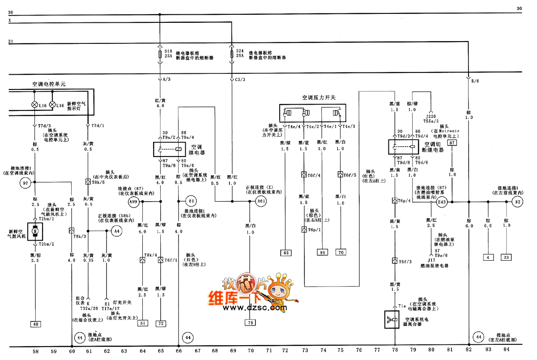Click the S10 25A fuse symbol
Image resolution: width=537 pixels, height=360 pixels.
(x=160, y=55)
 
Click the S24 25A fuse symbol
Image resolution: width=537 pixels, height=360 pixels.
(x=232, y=55)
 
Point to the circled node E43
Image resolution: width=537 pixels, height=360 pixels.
(x=442, y=202)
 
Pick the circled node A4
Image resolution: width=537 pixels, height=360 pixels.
(x=116, y=231)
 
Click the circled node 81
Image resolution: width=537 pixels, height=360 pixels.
(x=191, y=201)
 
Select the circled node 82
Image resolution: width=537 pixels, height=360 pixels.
(x=517, y=202)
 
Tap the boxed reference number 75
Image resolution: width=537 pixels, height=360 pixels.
(x=250, y=322)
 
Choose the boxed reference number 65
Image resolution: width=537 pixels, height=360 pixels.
(x=286, y=253)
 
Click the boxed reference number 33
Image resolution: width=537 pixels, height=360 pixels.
(x=506, y=257)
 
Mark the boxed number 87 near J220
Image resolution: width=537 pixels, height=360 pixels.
(x=452, y=143)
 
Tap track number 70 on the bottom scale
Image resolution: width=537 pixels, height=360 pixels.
(x=251, y=351)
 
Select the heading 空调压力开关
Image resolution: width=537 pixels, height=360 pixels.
(x=318, y=97)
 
